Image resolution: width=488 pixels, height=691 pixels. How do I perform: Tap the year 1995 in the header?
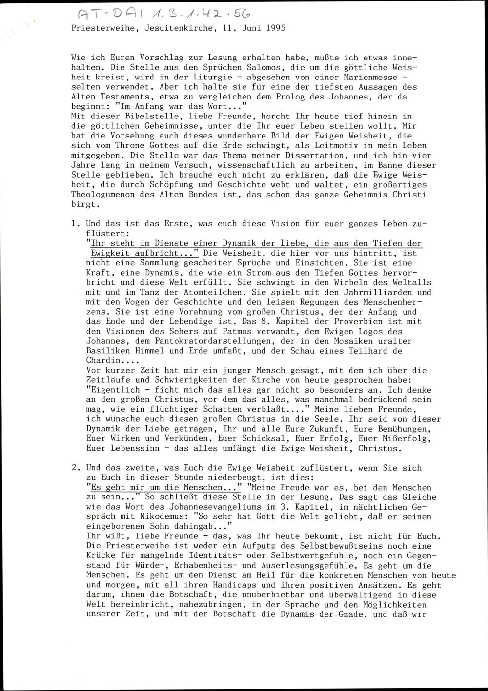(x=276, y=28)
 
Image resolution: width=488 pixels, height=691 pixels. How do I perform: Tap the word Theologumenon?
(x=102, y=194)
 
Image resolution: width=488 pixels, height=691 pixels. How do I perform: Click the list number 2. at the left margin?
(x=75, y=467)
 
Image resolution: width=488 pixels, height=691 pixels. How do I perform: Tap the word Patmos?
(x=193, y=331)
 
